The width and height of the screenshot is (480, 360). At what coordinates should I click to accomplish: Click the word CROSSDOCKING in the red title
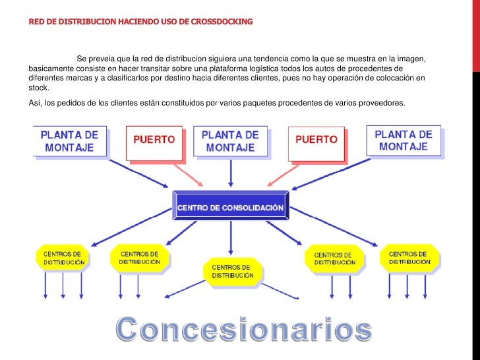tap(220, 22)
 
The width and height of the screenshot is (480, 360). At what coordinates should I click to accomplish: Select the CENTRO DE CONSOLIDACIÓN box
tap(230, 208)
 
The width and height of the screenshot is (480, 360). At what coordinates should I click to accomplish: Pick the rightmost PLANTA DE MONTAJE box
tap(403, 140)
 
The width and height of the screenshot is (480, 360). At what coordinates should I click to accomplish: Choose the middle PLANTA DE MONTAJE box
tap(229, 140)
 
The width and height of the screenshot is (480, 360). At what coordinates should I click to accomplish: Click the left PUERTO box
tap(154, 140)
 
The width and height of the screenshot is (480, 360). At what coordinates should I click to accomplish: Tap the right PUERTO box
tap(316, 140)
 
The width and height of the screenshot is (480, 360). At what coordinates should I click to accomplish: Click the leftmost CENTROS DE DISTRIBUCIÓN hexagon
tap(63, 258)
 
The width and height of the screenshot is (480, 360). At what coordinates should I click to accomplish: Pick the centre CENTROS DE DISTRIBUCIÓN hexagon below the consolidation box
tap(232, 271)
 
